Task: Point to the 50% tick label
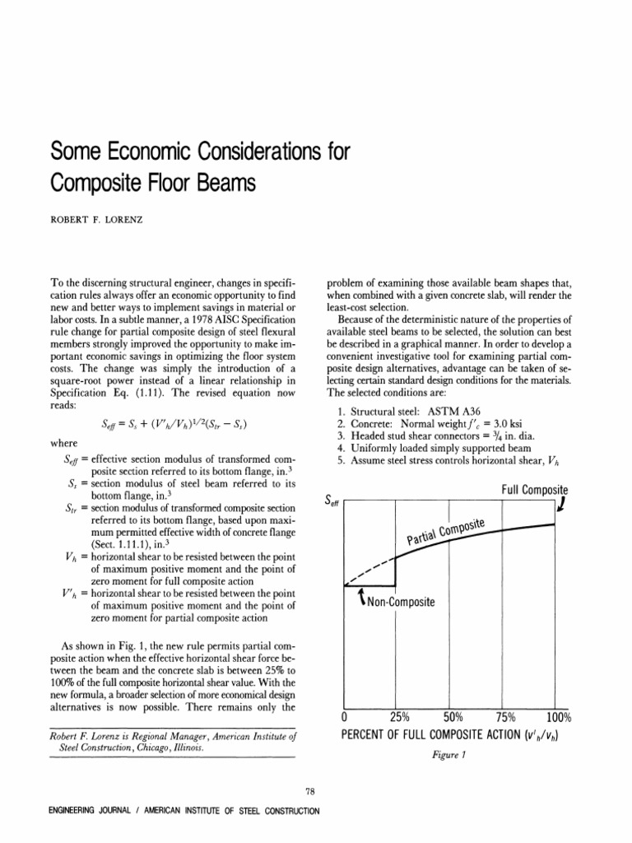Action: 454,716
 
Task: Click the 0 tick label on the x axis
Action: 345,716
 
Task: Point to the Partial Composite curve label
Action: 448,533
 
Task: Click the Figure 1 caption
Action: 452,752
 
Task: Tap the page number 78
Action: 309,792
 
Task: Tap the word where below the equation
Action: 64,443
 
